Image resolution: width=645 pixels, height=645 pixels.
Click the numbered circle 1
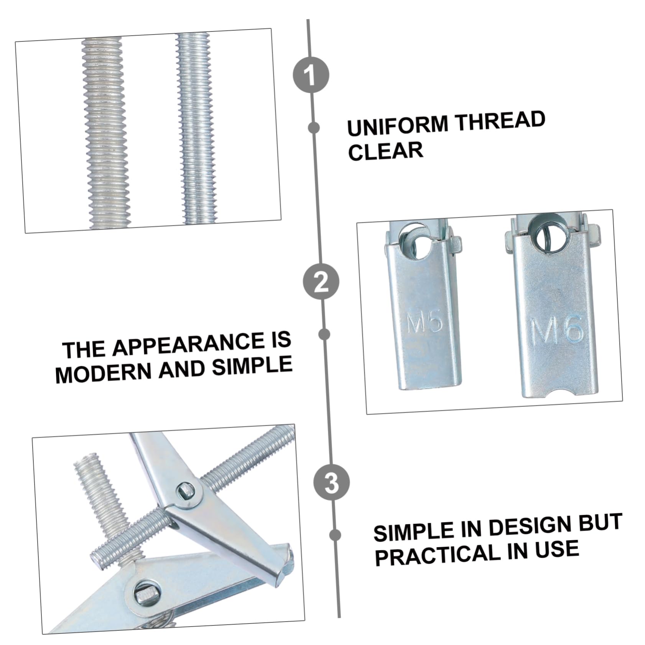pos(311,74)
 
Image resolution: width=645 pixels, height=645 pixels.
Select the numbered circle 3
pos(332,482)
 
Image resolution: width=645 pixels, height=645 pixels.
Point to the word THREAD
pos(500,120)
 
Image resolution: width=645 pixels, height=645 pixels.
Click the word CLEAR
pos(385,151)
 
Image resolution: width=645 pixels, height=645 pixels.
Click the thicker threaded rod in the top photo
pos(105,132)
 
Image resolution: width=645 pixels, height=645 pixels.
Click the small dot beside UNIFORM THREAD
pos(314,128)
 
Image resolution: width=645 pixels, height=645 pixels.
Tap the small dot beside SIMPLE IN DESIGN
pos(335,535)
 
